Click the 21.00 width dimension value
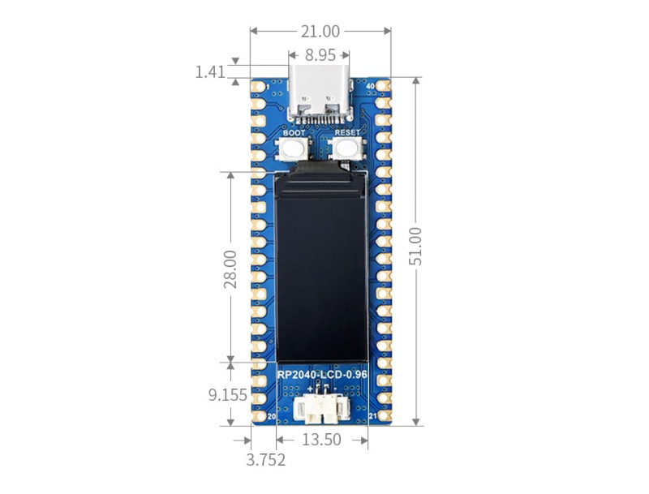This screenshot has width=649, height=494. pos(320,32)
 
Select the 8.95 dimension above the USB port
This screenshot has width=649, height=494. pos(320,56)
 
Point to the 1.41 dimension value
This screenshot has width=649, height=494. pos(209,72)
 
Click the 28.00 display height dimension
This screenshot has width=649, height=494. pos(230,268)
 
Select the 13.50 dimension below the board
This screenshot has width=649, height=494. pos(321,440)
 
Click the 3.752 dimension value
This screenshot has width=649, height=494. pos(266,460)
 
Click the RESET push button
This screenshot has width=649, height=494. pos(347,148)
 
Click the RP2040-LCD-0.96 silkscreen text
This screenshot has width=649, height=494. pos(320,375)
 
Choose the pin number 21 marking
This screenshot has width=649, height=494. pos(372,417)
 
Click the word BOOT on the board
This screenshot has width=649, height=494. pos(294,132)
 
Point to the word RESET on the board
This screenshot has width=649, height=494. pos(347,132)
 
